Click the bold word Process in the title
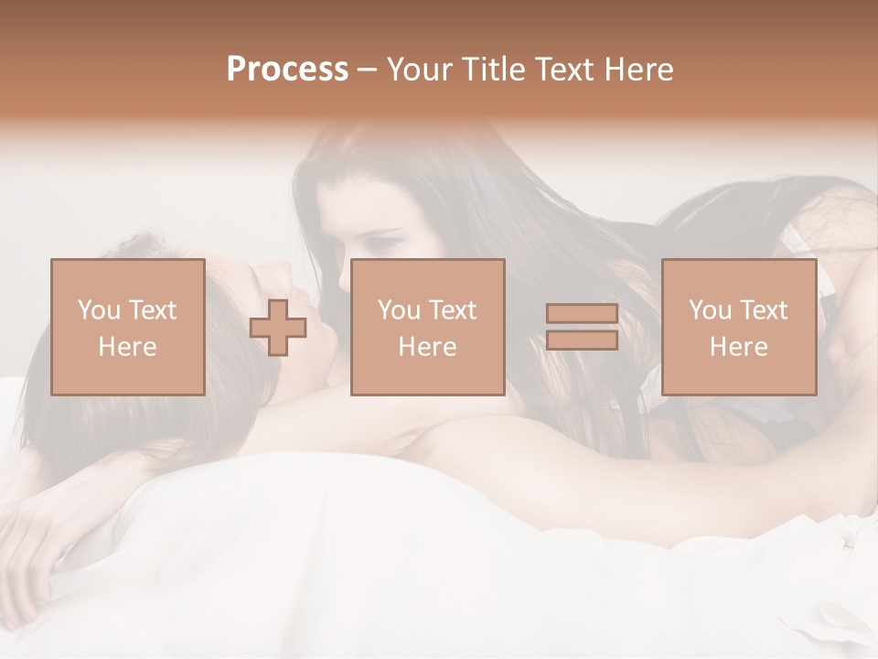coord(287,70)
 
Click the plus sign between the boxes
coord(278,327)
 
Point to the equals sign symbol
coord(582,327)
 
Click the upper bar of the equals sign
coord(582,314)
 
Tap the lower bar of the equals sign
coord(582,340)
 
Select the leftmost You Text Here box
coord(127,327)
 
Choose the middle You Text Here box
coord(427,327)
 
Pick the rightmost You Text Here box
coord(738,327)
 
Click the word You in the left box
coord(99,310)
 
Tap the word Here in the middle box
coord(427,347)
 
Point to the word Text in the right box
coord(763,310)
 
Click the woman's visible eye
coord(382,246)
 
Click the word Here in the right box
coord(738,347)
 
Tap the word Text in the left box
coord(152,310)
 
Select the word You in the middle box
coord(399,310)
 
